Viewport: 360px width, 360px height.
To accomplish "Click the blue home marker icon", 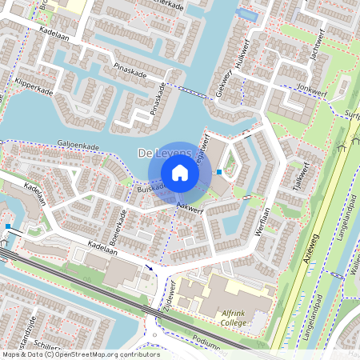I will [x=180, y=172].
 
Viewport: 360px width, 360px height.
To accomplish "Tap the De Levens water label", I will [x=165, y=152].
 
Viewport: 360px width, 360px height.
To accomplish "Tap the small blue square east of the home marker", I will [x=219, y=171].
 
